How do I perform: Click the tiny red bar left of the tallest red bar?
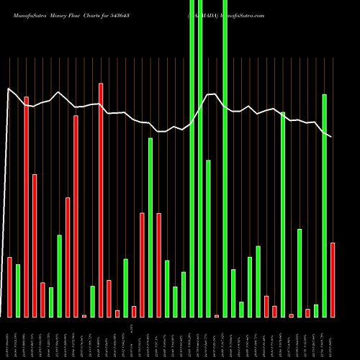pyautogui.click(x=84, y=315)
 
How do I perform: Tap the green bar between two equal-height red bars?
pyautogui.click(x=150, y=228)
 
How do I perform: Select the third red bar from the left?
pyautogui.click(x=35, y=246)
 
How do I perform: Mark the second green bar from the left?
pyautogui.click(x=51, y=302)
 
